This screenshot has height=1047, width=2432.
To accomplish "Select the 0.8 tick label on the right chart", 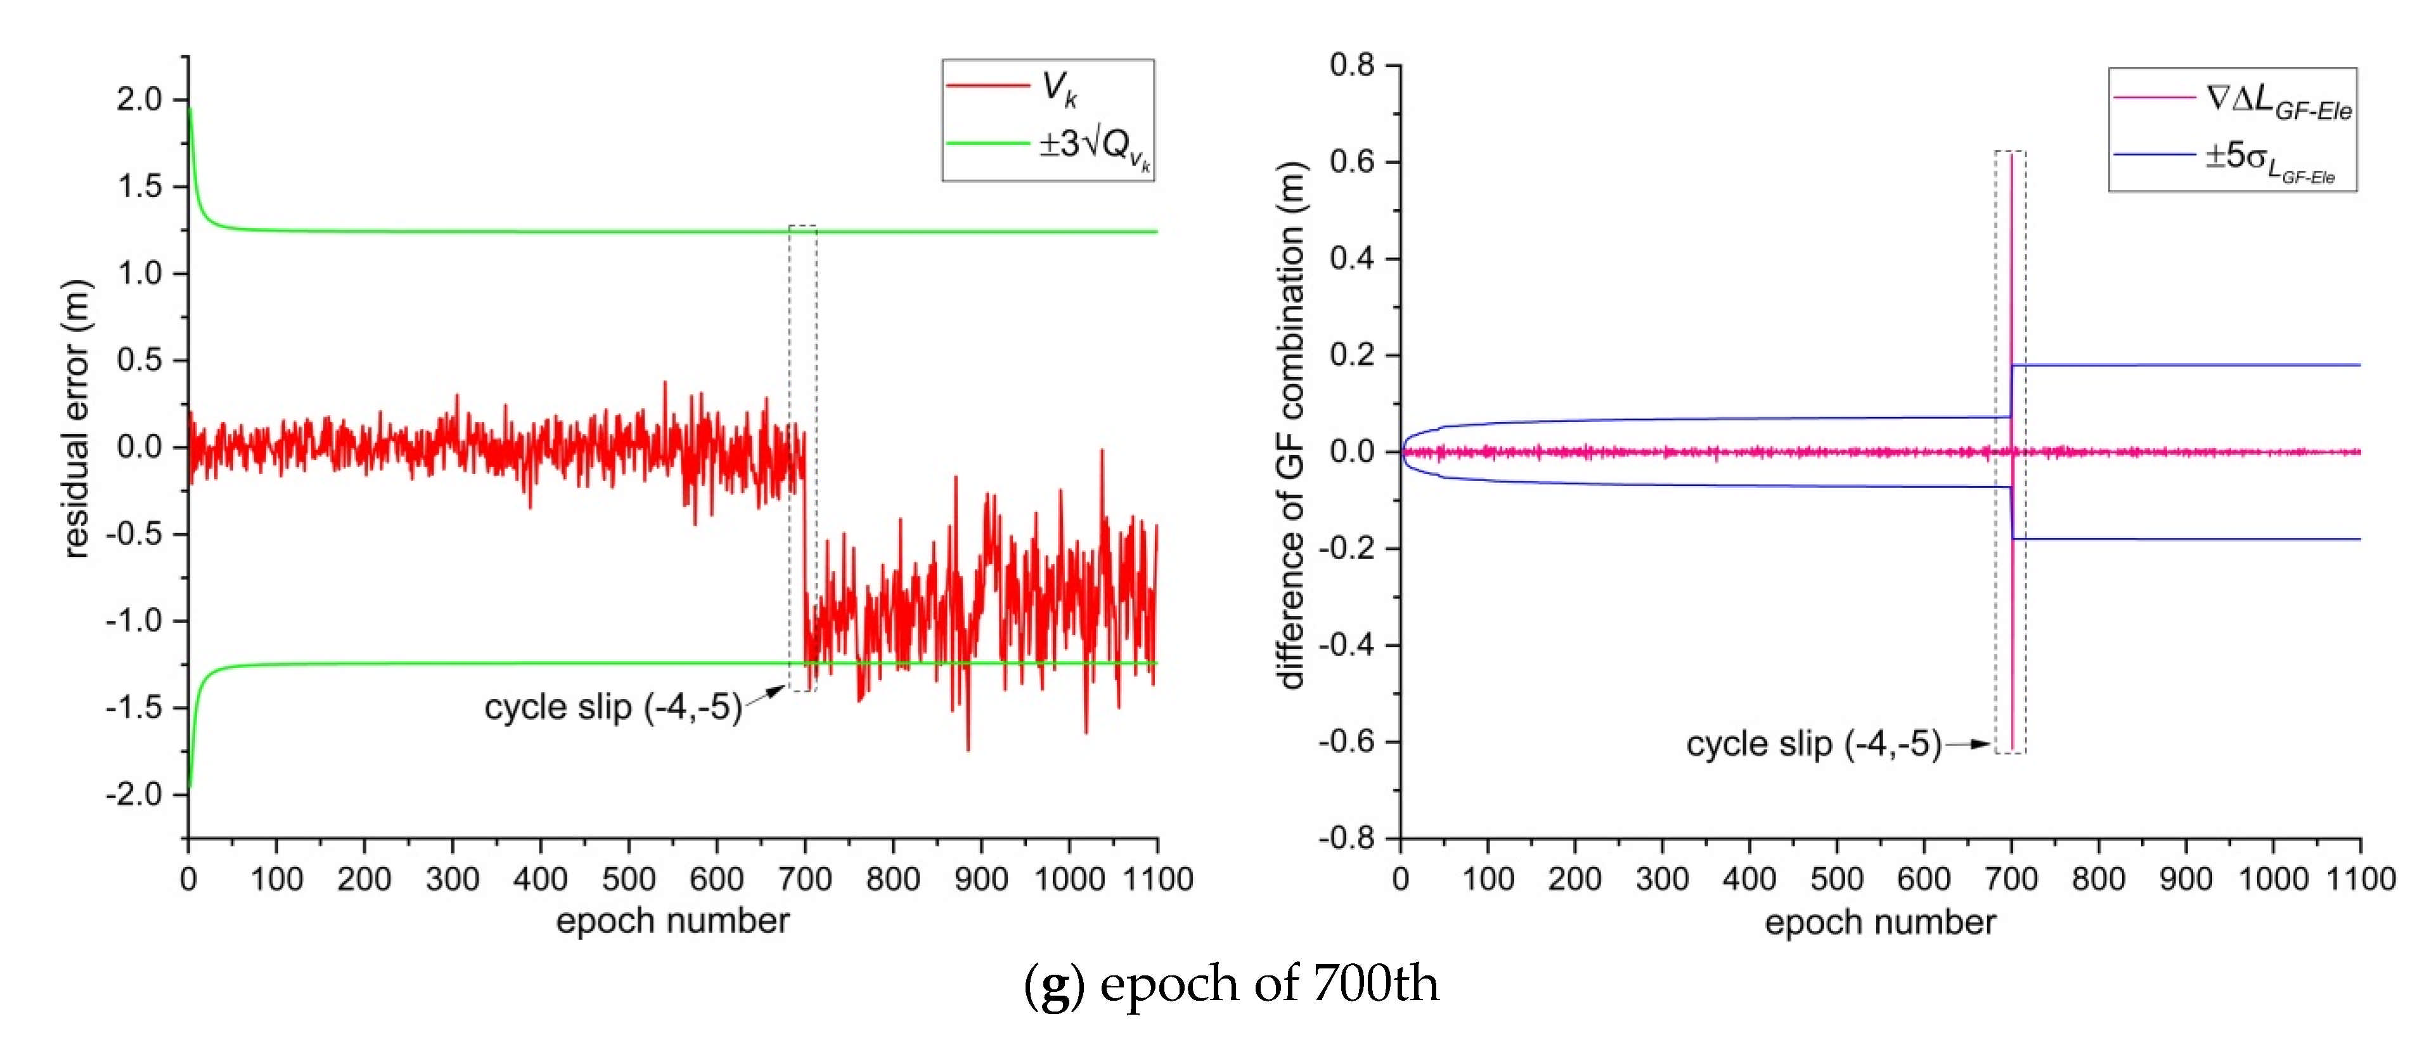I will (1353, 65).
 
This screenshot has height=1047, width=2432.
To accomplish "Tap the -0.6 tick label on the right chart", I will (1348, 742).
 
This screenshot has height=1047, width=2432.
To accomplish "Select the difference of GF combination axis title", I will (1290, 425).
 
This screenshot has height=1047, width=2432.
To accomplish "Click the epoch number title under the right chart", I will (1880, 922).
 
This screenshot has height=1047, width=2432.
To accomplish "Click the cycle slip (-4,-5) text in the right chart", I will (1813, 745).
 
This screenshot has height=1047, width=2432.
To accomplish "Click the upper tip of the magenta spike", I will (2011, 156).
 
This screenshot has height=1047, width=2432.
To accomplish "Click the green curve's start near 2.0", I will (190, 112).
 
